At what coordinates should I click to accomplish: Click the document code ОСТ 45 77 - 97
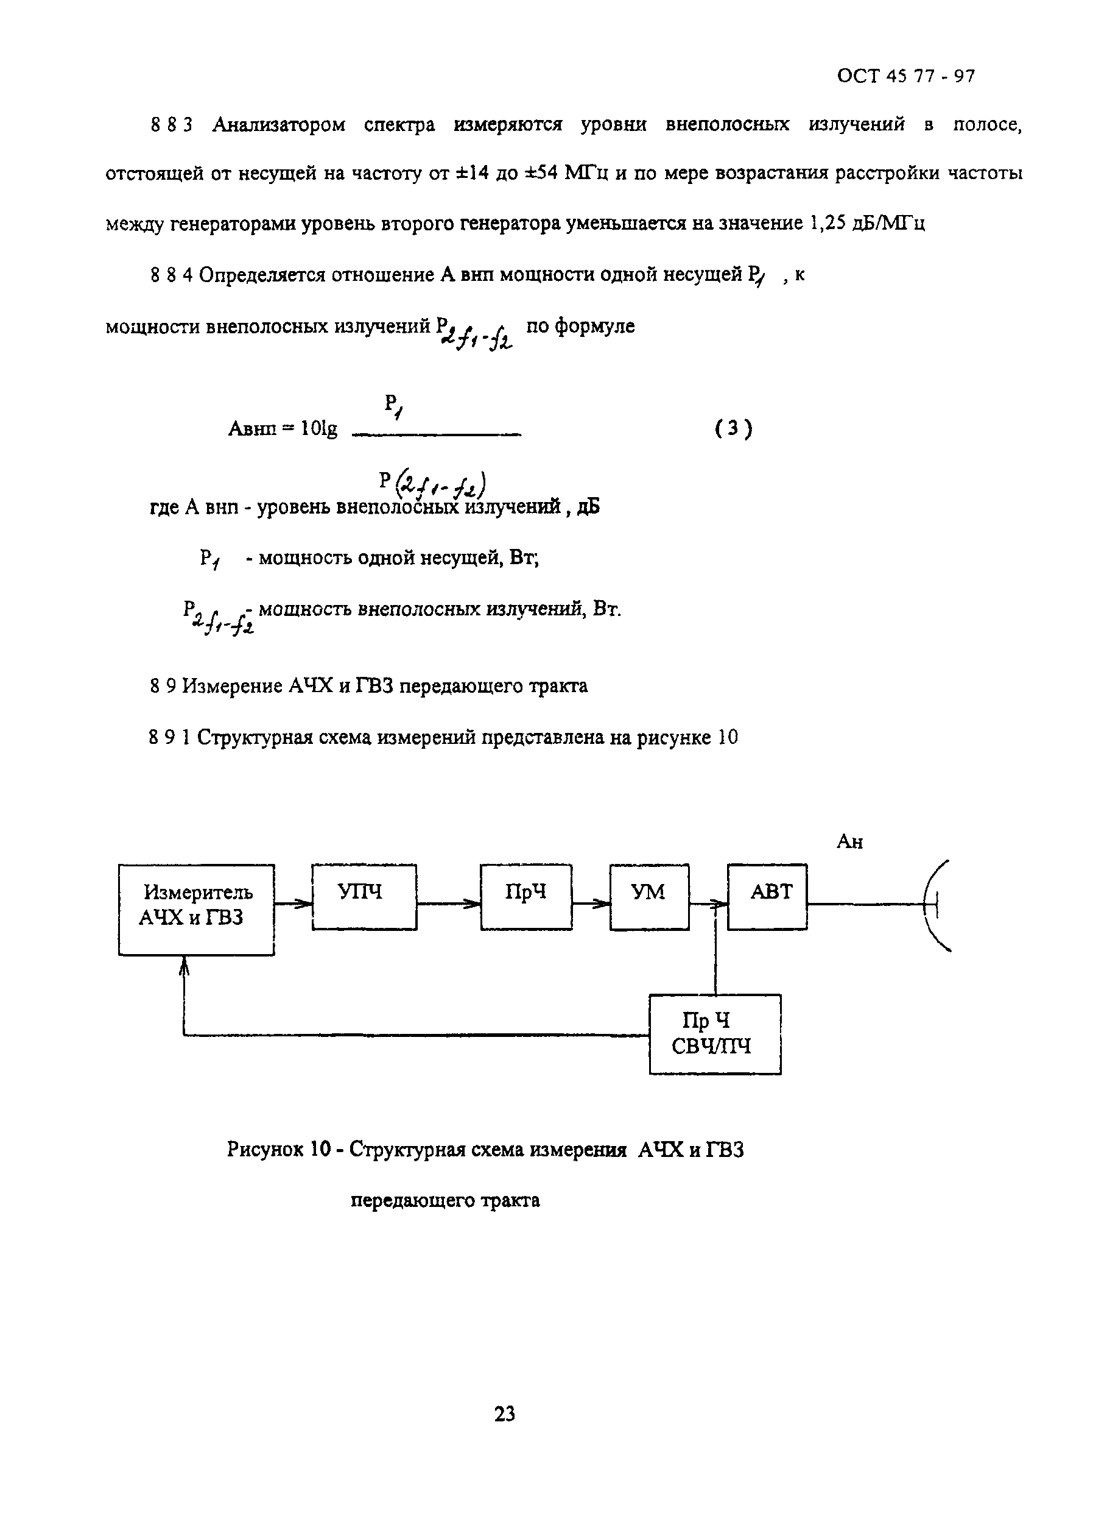(905, 76)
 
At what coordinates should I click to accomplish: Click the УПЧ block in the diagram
(364, 897)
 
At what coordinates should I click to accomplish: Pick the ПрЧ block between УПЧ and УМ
(525, 897)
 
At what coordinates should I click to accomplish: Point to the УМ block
(649, 897)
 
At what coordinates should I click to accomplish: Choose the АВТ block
(767, 897)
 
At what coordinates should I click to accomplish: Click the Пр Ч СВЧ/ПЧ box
(715, 1034)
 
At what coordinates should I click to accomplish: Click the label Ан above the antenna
(849, 842)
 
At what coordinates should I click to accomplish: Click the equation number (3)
(734, 428)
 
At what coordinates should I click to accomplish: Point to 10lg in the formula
(319, 429)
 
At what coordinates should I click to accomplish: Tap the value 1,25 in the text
(826, 223)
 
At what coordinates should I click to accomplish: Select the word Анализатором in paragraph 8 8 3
(279, 124)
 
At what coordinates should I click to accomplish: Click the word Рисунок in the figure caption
(264, 1150)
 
